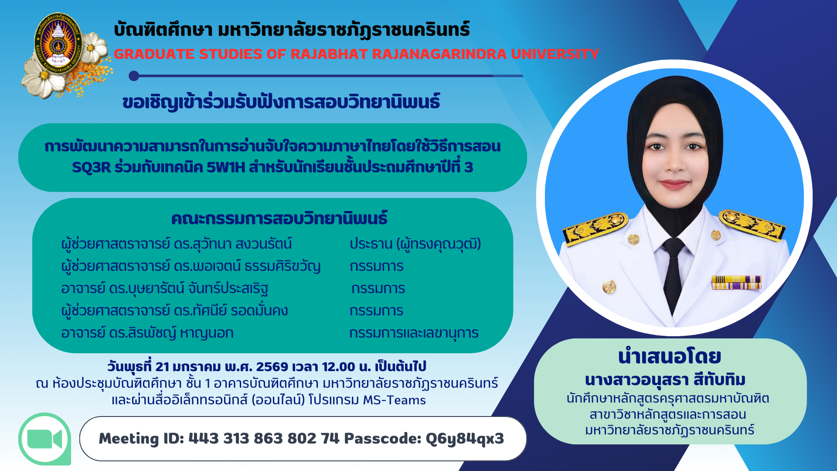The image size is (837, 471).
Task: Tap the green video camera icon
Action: point(45,439)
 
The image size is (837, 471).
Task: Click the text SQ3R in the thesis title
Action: point(92,167)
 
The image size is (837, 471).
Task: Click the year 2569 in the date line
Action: point(272,367)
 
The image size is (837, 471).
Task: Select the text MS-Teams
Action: point(394,400)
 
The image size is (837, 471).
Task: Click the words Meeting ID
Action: point(141,438)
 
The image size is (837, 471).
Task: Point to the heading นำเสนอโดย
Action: point(670,357)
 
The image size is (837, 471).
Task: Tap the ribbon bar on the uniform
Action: point(736,282)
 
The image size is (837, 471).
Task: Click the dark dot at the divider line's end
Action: point(134,76)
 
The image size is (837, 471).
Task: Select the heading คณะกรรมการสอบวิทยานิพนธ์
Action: point(279,218)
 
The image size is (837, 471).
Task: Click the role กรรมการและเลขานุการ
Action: point(414,333)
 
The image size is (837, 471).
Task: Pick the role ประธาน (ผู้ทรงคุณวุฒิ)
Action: point(415,244)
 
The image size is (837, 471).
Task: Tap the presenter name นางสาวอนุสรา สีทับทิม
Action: point(665,380)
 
